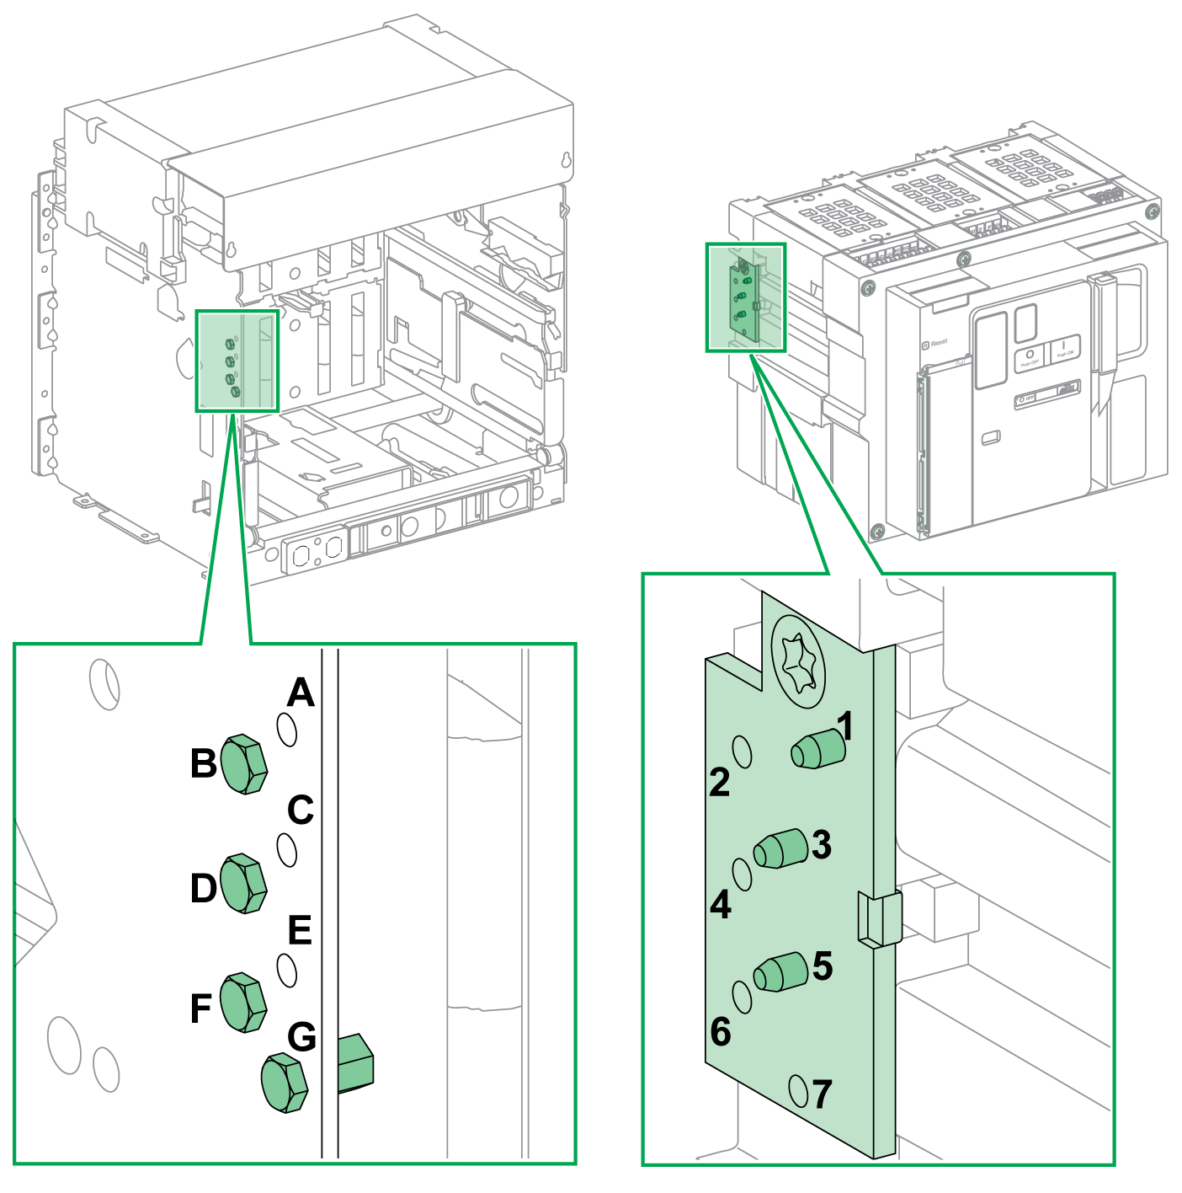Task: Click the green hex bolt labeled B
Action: coord(243,764)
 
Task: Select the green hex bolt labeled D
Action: coord(243,884)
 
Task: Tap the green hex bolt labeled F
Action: coord(243,1003)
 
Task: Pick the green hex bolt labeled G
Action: coord(285,1083)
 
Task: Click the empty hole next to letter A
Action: coord(287,730)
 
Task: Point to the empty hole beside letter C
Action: coord(287,850)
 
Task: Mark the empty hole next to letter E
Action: coord(287,971)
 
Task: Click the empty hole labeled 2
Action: coord(743,751)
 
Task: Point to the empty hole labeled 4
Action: coord(742,875)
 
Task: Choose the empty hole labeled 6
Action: coord(742,996)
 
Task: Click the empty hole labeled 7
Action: coord(798,1090)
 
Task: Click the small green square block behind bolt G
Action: coord(355,1063)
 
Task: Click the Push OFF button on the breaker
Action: coord(1029,357)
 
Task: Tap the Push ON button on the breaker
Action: coord(1064,348)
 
